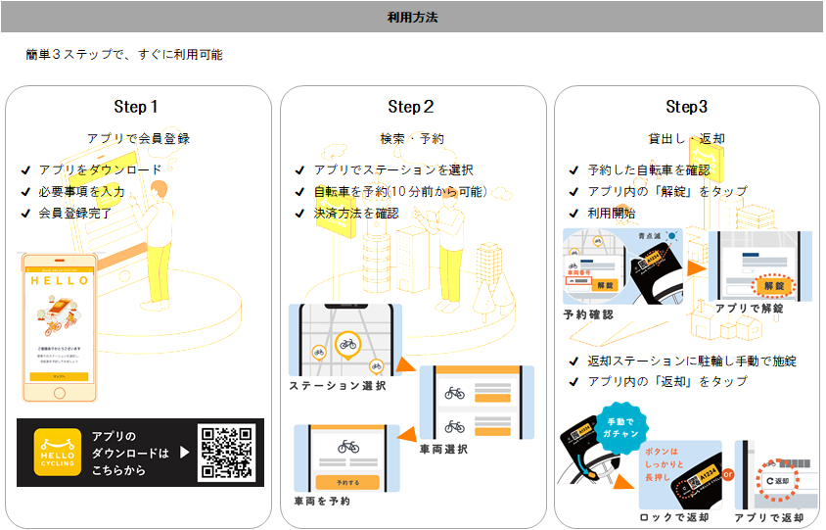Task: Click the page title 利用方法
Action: (412, 17)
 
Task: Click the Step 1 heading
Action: (137, 107)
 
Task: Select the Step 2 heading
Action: (411, 107)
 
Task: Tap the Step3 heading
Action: (686, 107)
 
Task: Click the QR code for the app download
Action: (227, 453)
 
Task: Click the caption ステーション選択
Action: (337, 386)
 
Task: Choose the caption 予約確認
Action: (589, 314)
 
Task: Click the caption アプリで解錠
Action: (749, 307)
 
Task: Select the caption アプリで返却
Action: (771, 518)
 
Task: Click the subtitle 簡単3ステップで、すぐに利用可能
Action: (124, 55)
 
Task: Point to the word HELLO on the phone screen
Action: (60, 280)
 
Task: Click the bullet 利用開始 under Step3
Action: (611, 213)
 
